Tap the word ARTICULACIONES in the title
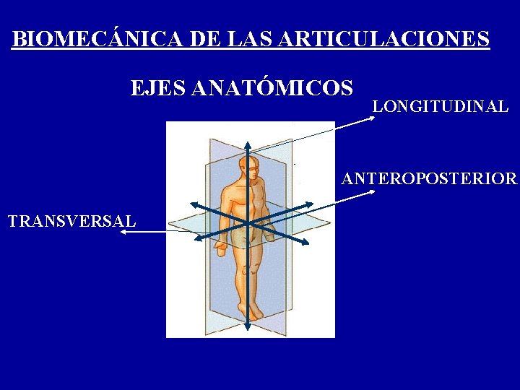coord(382,39)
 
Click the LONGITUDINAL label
coord(441,106)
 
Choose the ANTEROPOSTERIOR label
coord(429,178)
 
